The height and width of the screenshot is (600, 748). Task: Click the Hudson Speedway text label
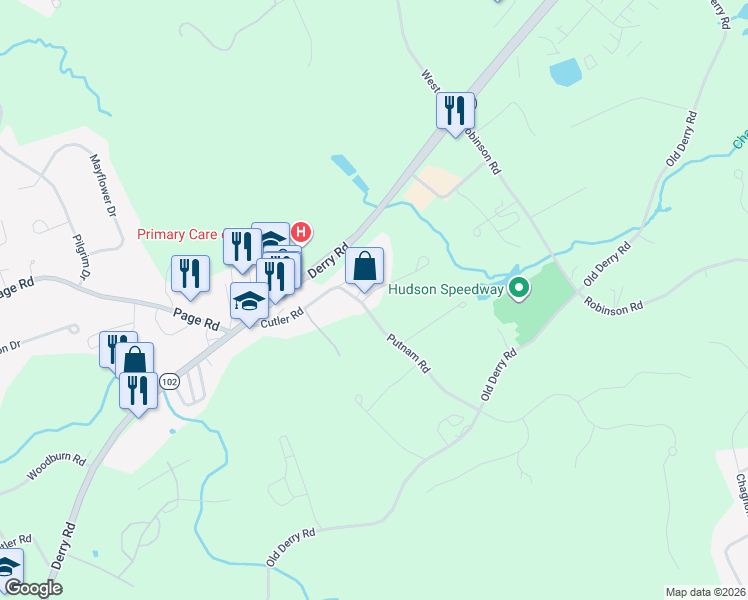[x=445, y=290]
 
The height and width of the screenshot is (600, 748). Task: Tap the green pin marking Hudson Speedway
[x=518, y=290]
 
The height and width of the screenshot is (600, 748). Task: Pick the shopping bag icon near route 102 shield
[x=134, y=360]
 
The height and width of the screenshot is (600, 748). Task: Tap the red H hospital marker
[x=300, y=233]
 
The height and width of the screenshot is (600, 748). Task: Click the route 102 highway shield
[x=169, y=382]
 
